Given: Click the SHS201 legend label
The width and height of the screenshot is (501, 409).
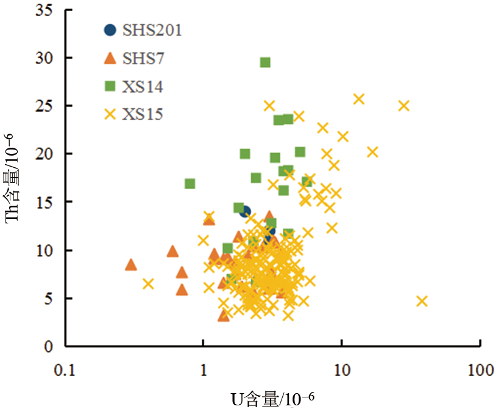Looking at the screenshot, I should pos(151,30).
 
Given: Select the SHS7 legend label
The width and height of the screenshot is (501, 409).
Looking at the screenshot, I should pos(143,58).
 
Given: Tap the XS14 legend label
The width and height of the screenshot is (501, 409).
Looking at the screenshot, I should pos(143,86).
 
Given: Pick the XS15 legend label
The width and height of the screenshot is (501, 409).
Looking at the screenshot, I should pos(143,114).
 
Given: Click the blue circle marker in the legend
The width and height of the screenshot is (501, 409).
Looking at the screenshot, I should pos(110,30).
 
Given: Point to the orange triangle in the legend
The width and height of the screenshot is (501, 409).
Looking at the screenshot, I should pos(110,58).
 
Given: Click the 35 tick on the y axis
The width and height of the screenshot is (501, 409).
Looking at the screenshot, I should pos(46,10).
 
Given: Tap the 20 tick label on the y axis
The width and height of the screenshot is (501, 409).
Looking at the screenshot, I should pos(46,154).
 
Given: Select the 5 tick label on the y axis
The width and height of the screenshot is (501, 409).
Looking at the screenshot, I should pos(50,299).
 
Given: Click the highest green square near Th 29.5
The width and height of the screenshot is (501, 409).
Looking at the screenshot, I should pos(265,62).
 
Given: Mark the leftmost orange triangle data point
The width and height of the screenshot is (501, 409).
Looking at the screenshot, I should pos(131,265).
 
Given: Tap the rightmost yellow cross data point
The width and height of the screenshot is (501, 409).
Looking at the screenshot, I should pos(422,301).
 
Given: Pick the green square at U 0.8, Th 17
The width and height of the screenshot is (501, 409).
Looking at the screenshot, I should pos(190,184).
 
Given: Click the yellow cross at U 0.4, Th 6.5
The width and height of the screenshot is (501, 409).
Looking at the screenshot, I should pos(148,284).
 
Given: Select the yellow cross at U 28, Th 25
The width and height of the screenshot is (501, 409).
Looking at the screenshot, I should pos(403,106).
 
